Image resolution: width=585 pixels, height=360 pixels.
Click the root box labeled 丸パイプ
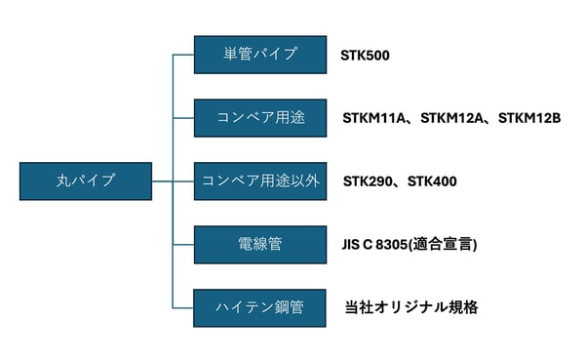(x=86, y=180)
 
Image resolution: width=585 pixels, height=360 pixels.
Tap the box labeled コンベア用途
(x=260, y=118)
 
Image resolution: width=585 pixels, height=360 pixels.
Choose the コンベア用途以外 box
(x=260, y=180)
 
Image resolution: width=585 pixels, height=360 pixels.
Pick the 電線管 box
(x=260, y=244)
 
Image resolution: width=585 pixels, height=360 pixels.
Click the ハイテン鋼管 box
(x=260, y=307)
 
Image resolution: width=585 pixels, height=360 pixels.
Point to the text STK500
(x=366, y=56)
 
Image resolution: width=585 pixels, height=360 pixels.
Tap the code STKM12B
(x=529, y=119)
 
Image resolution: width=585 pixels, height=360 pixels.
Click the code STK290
(x=369, y=181)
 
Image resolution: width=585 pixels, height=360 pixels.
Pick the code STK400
(x=432, y=181)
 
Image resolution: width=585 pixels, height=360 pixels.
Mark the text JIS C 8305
(x=384, y=245)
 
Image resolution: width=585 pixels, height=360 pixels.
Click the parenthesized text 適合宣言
(x=452, y=245)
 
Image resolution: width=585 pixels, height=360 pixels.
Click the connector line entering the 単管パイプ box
(x=183, y=55)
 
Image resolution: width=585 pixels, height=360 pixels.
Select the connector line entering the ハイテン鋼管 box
(x=183, y=307)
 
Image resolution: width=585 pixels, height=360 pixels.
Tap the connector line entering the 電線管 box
(x=183, y=244)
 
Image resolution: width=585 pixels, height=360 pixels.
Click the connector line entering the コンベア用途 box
(x=183, y=118)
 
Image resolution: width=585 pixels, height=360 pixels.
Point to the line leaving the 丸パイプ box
(x=162, y=180)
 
